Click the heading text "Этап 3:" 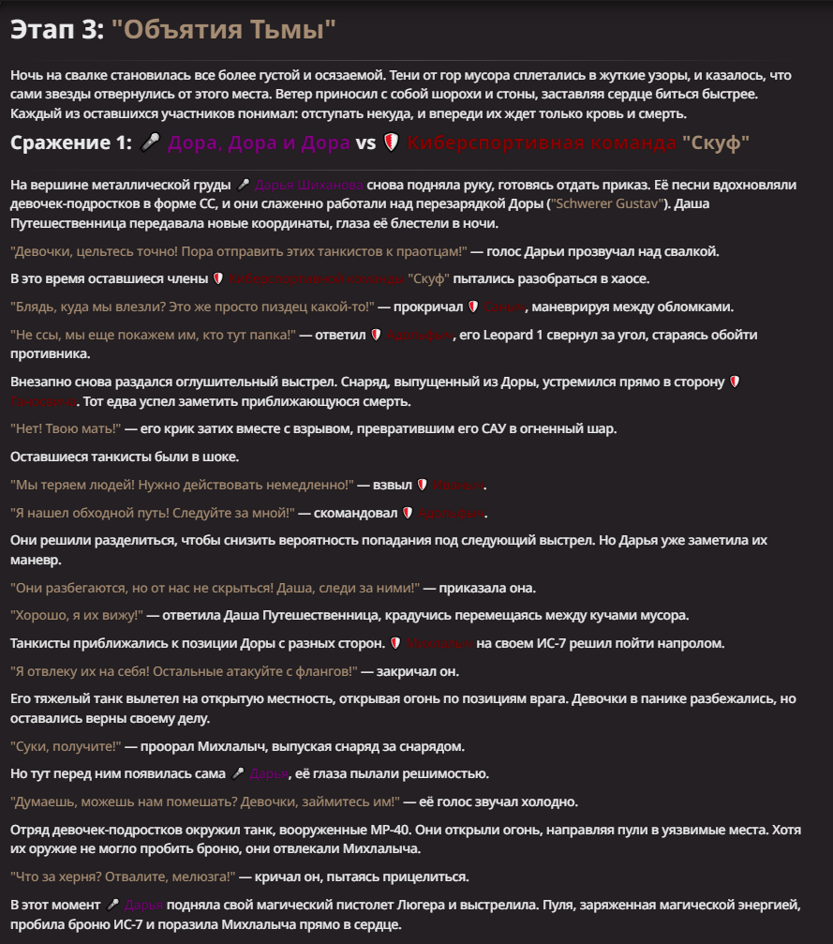57,30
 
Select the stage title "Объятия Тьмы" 223,30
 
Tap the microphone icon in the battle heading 150,143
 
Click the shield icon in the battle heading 392,143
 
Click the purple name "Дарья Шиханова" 309,186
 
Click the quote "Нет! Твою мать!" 66,428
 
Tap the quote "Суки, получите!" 66,746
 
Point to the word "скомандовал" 353,513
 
